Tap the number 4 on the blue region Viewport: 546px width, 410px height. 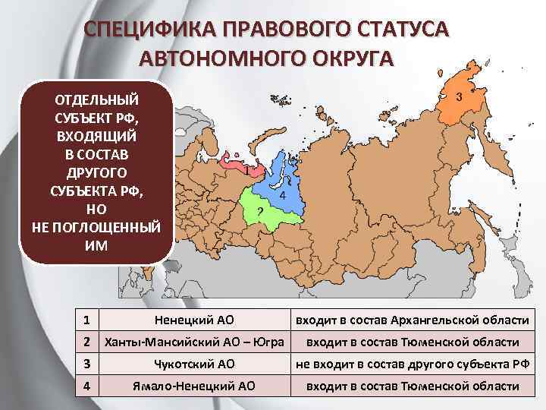(x=282, y=195)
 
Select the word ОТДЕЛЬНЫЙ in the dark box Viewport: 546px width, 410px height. (x=96, y=99)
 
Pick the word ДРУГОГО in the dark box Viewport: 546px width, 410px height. (x=96, y=173)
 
